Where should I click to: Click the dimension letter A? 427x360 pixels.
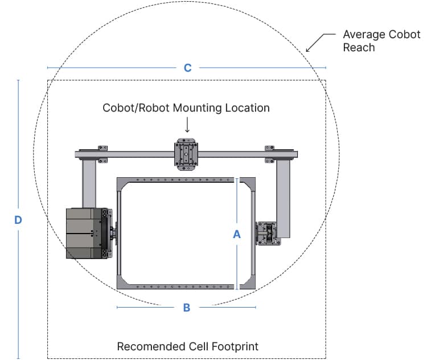pyautogui.click(x=237, y=234)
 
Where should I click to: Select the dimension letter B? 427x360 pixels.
pyautogui.click(x=186, y=308)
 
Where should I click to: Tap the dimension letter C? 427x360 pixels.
pyautogui.click(x=187, y=68)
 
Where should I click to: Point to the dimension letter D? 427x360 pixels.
pyautogui.click(x=18, y=220)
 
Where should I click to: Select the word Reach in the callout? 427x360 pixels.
pyautogui.click(x=359, y=48)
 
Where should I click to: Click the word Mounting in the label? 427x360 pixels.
pyautogui.click(x=194, y=107)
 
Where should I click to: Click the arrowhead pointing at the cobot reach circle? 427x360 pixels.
pyautogui.click(x=308, y=50)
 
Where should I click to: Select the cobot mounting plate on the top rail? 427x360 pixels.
pyautogui.click(x=186, y=154)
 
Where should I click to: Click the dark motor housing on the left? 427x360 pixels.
pyautogui.click(x=84, y=234)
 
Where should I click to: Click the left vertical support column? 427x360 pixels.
pyautogui.click(x=89, y=182)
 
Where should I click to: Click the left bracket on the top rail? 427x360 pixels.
pyautogui.click(x=102, y=153)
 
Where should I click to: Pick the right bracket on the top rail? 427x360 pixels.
pyautogui.click(x=270, y=153)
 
